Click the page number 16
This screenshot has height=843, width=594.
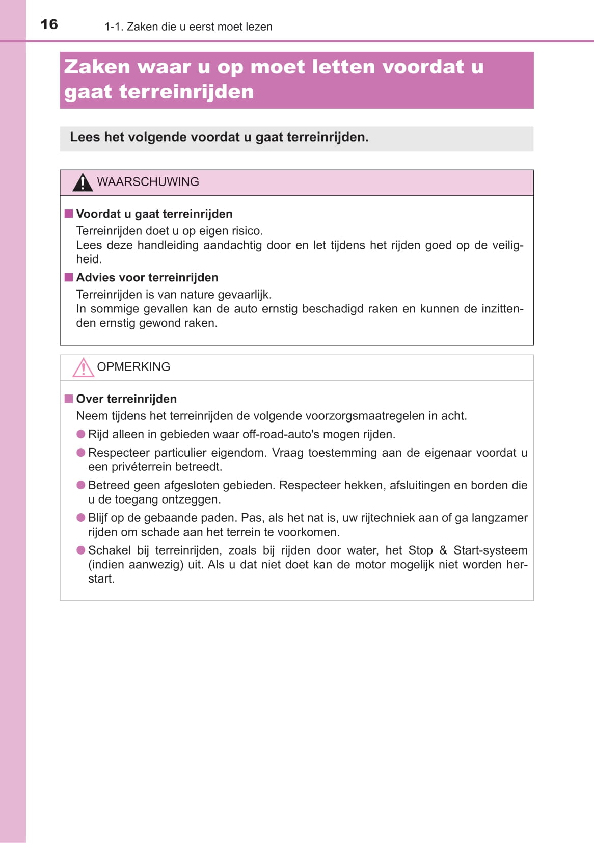click(49, 24)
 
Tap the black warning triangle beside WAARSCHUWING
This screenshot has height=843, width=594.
click(82, 182)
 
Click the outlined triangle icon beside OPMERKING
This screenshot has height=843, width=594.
click(83, 367)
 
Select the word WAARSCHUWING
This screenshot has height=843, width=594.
click(148, 182)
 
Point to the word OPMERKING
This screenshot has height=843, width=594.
click(133, 367)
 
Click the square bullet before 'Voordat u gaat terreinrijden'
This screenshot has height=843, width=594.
click(69, 214)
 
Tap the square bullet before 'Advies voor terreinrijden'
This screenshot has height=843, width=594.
click(69, 277)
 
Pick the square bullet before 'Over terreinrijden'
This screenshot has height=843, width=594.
click(69, 399)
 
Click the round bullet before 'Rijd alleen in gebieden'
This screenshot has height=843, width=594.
click(80, 434)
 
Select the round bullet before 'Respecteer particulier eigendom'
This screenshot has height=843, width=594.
click(80, 453)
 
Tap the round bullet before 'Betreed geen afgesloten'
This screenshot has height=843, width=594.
click(80, 485)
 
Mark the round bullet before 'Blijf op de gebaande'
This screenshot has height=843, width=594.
click(80, 518)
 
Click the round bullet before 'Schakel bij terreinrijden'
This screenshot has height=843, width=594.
click(80, 550)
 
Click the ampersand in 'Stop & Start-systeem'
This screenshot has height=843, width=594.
click(443, 550)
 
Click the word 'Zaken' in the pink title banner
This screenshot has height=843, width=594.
click(97, 67)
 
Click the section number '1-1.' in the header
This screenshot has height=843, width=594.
click(114, 27)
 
